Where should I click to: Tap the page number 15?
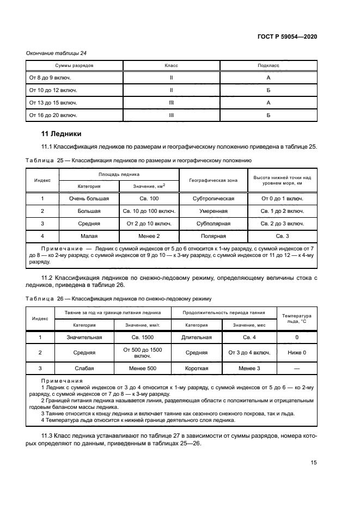click(x=314, y=462)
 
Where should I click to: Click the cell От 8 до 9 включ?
click(x=50, y=78)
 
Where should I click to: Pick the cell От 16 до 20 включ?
click(x=53, y=115)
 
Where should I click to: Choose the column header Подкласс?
click(x=268, y=65)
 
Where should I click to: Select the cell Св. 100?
click(x=149, y=199)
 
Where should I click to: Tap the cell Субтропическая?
click(x=213, y=199)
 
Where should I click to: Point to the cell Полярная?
click(x=213, y=236)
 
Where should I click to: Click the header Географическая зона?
click(x=213, y=180)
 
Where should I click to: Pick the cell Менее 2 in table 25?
click(x=149, y=236)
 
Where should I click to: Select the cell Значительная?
click(x=84, y=338)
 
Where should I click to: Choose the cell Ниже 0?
click(x=297, y=353)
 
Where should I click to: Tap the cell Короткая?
click(x=197, y=368)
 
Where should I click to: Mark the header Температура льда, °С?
click(x=297, y=318)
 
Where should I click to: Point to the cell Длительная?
click(x=197, y=338)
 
